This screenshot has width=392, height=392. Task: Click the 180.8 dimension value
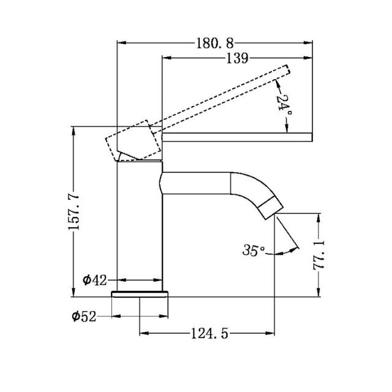pos(215,43)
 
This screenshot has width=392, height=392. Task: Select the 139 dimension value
pos(236,59)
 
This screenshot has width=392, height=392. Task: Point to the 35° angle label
pos(254,250)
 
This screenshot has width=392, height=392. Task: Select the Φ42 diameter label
pos(95,280)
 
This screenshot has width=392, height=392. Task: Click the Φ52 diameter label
pos(83,316)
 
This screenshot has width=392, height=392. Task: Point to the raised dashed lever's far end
pos(283,72)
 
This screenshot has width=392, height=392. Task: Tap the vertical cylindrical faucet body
pos(139,221)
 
